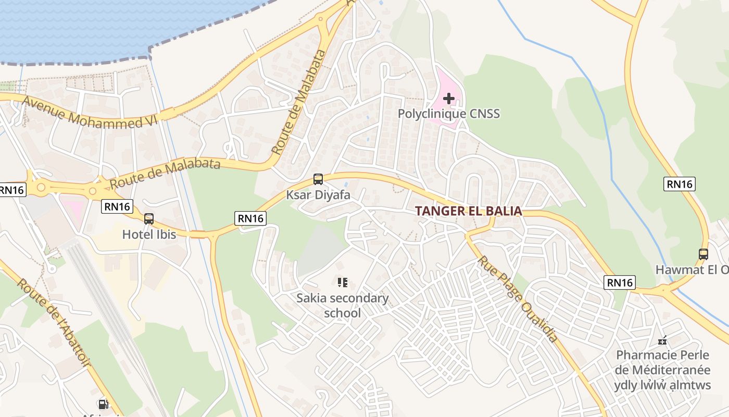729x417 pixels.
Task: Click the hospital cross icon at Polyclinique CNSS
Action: pos(448,97)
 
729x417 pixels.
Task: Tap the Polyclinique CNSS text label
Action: pos(448,113)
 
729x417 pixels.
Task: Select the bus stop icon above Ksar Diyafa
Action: pos(318,179)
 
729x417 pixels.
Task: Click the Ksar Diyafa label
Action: pos(318,195)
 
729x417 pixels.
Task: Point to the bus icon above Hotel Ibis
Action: pos(149,219)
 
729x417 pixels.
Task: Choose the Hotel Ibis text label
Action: pos(149,235)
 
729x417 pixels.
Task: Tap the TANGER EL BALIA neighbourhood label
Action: pos(468,211)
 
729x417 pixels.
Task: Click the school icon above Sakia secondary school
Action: pos(342,283)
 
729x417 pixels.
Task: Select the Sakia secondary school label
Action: pos(342,305)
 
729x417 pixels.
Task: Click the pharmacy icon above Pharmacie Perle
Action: pos(662,341)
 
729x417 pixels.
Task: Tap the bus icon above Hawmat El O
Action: pos(703,254)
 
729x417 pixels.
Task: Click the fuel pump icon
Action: pos(103,404)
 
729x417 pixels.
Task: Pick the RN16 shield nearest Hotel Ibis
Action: pos(117,206)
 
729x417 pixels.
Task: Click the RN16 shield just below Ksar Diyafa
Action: pos(250,218)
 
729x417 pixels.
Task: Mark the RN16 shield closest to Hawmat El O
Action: pos(680,183)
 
